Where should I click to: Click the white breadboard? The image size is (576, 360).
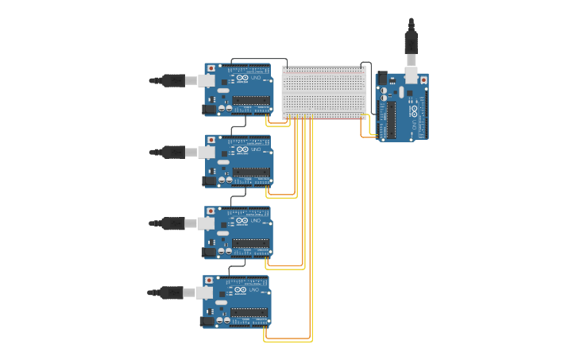[324, 92]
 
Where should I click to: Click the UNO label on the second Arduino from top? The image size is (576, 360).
[256, 149]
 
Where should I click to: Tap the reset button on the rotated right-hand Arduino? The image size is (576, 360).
[423, 80]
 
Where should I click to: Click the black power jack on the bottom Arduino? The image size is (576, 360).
[209, 321]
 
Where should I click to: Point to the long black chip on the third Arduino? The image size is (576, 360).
[251, 242]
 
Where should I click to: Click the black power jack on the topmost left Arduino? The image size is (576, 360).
[210, 109]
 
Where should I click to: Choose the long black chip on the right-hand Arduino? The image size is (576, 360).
[391, 119]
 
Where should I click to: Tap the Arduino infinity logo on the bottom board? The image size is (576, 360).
[242, 291]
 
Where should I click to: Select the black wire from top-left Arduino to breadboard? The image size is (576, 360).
[258, 59]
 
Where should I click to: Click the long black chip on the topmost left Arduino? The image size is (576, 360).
[252, 101]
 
